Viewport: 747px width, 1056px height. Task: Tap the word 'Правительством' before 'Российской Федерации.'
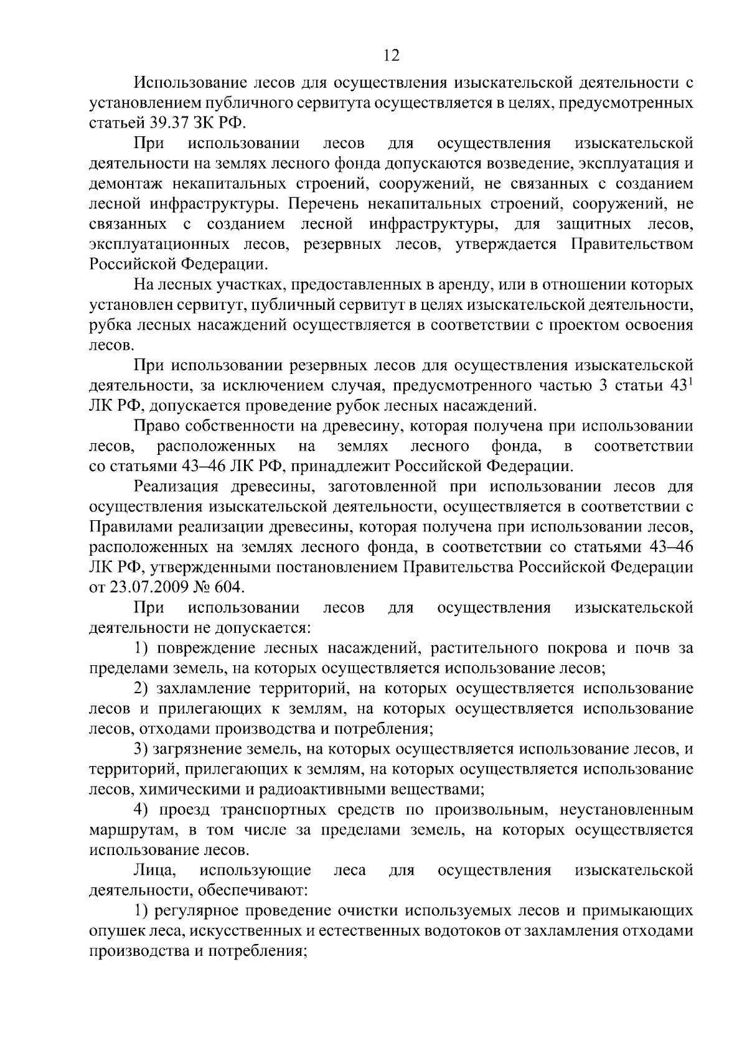632,244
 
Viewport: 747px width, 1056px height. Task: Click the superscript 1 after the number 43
690,381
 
